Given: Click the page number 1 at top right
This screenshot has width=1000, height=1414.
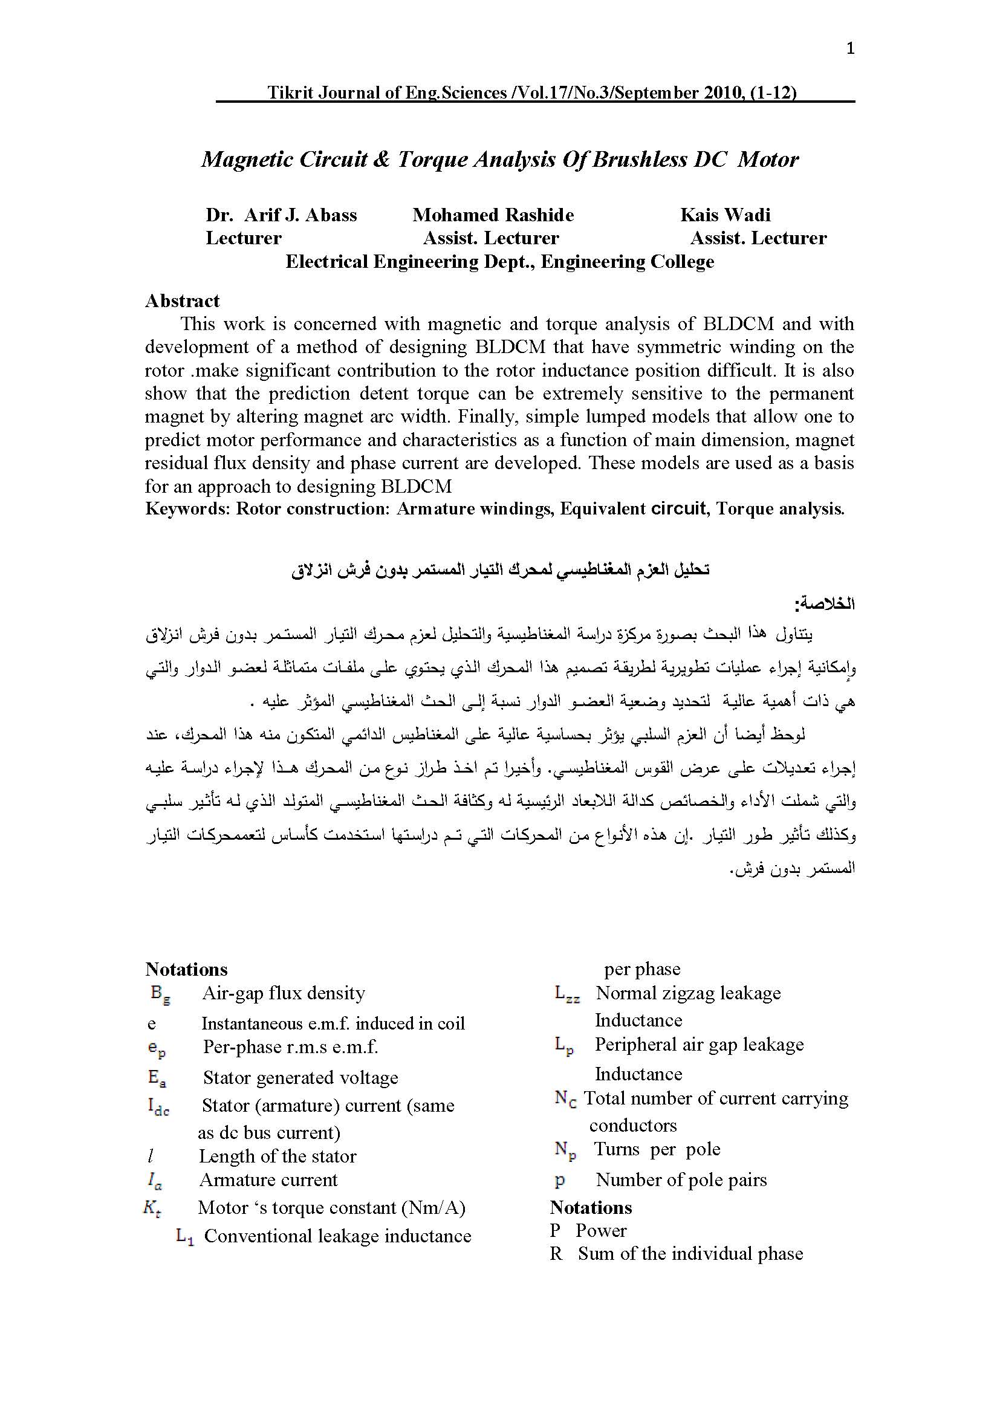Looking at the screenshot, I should (x=851, y=48).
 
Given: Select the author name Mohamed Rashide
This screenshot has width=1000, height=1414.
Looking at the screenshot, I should (x=493, y=215).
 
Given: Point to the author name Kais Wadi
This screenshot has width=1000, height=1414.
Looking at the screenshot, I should (x=725, y=215).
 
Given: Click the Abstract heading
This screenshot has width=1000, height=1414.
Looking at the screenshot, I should (x=182, y=300).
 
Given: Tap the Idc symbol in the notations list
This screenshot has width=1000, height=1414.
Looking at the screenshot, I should (x=158, y=1106).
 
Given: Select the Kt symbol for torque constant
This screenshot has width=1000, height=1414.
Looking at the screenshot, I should (x=152, y=1208).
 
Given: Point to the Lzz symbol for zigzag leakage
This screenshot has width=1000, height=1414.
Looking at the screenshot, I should (x=567, y=994).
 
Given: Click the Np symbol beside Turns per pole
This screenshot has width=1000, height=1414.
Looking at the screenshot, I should (x=565, y=1150).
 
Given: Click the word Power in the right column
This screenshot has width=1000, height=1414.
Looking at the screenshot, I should (x=600, y=1231).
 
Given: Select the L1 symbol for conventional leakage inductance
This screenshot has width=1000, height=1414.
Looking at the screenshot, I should (x=185, y=1237).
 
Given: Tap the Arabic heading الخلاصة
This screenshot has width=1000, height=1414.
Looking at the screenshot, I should (x=825, y=603).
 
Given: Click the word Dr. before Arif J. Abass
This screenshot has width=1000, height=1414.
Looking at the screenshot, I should (x=219, y=215).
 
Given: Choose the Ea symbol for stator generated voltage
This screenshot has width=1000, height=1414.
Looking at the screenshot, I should (x=157, y=1078).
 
